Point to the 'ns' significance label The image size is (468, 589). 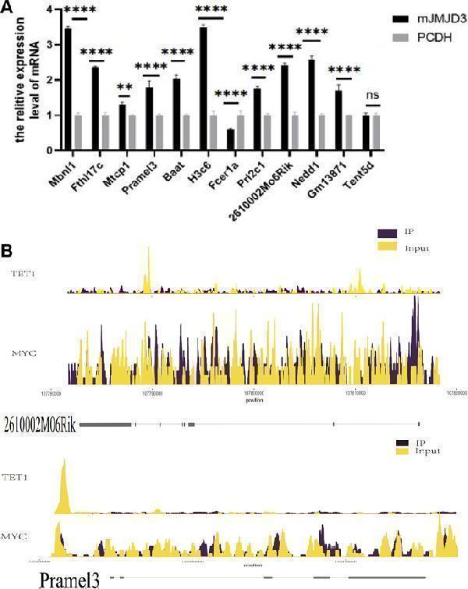click(x=374, y=95)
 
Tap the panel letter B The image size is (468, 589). click(x=7, y=251)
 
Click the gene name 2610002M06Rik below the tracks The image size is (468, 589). click(x=39, y=425)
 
